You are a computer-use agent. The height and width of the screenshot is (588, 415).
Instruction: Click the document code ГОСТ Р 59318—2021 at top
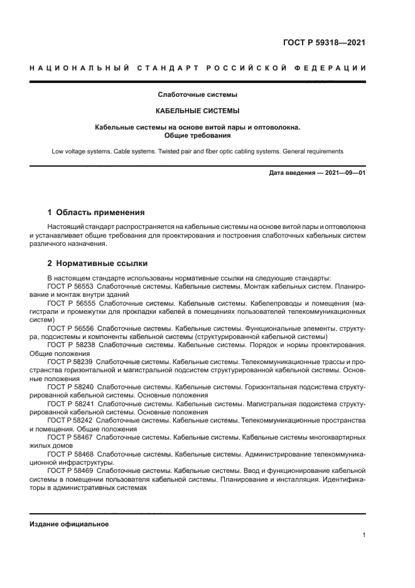(x=325, y=43)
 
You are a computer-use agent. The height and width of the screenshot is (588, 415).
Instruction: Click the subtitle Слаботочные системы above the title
(x=197, y=96)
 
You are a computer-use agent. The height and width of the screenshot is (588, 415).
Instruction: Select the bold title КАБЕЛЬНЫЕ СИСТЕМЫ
(x=197, y=111)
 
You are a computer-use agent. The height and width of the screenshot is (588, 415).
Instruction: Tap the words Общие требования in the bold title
(x=197, y=135)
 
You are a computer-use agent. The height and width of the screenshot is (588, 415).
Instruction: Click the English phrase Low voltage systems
(x=82, y=152)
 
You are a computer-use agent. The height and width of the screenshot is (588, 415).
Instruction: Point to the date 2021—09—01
(x=343, y=173)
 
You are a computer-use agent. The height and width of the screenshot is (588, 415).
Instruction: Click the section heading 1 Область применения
(x=96, y=213)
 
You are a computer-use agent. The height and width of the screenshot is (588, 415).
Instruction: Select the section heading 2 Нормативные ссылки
(x=97, y=263)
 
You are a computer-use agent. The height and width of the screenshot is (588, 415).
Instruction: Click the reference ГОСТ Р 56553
(x=70, y=286)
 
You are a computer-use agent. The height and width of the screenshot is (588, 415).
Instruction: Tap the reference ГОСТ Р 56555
(x=70, y=302)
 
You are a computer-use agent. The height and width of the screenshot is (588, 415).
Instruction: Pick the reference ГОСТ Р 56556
(x=70, y=328)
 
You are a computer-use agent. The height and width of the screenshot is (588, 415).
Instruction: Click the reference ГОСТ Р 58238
(x=70, y=345)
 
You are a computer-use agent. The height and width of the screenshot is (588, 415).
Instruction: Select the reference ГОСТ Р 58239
(x=70, y=362)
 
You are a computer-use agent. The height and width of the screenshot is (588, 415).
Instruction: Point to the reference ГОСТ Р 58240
(x=70, y=387)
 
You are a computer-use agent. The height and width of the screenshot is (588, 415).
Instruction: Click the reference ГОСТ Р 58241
(x=70, y=404)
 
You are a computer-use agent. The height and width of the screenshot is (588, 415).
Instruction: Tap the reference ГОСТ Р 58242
(x=70, y=419)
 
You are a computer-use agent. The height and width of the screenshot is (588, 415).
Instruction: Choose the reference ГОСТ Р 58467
(x=70, y=436)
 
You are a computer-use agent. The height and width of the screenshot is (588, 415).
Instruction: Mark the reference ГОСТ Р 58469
(x=70, y=470)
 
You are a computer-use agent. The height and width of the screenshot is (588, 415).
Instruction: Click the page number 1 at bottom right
(x=364, y=535)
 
